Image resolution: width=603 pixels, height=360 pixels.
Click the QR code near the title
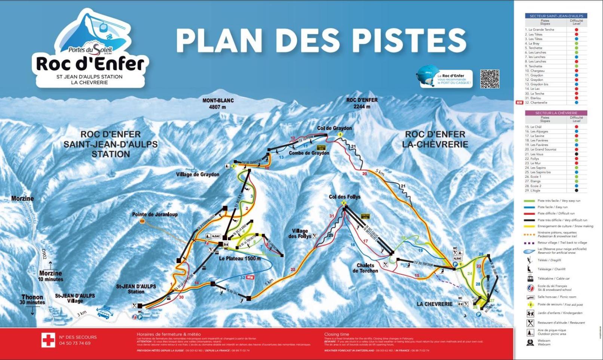(x=490, y=79)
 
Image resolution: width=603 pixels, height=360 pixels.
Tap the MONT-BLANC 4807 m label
(x=218, y=104)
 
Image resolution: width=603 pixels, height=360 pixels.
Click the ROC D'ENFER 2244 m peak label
(x=362, y=103)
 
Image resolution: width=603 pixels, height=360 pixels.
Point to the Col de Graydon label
(x=334, y=128)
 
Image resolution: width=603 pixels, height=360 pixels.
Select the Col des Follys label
(x=345, y=197)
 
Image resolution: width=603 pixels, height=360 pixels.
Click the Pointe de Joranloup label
(x=155, y=214)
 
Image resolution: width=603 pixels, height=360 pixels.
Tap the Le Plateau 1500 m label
(x=240, y=258)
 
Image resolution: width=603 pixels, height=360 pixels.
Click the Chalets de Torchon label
(x=365, y=268)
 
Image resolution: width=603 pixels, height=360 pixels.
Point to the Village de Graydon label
(x=198, y=174)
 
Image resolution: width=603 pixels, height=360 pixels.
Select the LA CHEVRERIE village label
(x=435, y=304)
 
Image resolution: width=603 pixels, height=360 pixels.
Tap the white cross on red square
(x=48, y=340)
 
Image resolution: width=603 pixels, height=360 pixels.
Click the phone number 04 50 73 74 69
(x=75, y=343)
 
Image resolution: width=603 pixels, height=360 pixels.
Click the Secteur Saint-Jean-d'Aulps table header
(x=556, y=16)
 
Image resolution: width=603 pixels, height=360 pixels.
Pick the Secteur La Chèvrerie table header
(x=556, y=113)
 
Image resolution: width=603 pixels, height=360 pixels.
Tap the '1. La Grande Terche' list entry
(x=541, y=30)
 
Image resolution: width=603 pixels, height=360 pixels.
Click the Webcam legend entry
(x=544, y=342)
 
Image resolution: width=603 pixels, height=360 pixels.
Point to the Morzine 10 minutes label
(x=51, y=276)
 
